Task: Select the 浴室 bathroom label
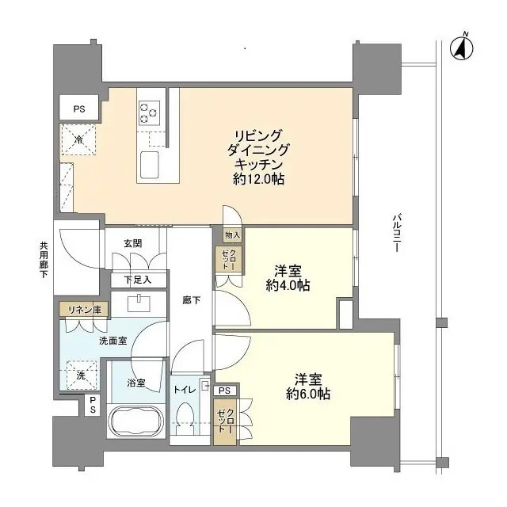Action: pos(136,383)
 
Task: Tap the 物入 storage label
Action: pos(231,236)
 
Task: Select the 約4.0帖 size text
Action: pos(288,286)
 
